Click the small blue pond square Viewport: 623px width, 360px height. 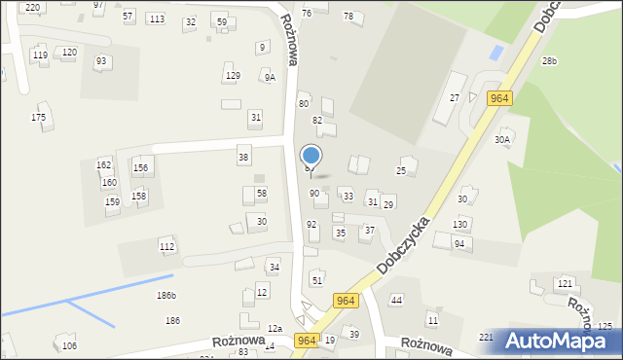[497, 51]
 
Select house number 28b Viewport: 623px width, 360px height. [549, 61]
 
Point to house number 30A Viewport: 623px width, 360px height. [502, 139]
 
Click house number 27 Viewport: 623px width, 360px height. [454, 98]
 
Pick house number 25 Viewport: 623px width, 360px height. [400, 170]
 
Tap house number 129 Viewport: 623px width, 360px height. [233, 75]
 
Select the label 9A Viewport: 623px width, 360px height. [269, 77]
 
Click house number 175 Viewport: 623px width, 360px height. [38, 118]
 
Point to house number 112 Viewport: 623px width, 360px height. [167, 247]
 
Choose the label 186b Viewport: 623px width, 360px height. [166, 295]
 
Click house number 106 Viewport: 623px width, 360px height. [69, 346]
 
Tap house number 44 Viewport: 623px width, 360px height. [396, 301]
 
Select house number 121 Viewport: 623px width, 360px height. [564, 283]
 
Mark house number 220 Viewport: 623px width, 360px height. [33, 7]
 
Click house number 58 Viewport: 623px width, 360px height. [261, 194]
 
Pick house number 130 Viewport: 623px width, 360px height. [460, 224]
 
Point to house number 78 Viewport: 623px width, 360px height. [348, 17]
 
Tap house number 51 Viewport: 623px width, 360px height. [316, 280]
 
